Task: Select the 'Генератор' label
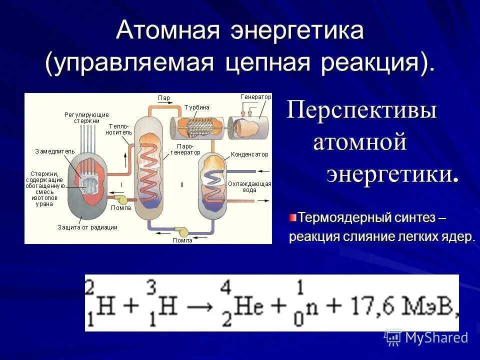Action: (255, 96)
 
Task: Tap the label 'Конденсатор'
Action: (249, 155)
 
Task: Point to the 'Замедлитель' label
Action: (54, 150)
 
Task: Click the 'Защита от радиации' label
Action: (87, 227)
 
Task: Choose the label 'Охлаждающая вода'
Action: (249, 187)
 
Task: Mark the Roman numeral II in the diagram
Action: (182, 184)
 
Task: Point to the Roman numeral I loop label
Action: (121, 184)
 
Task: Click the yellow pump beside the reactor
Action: (119, 199)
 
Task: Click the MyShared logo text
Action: (436, 337)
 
